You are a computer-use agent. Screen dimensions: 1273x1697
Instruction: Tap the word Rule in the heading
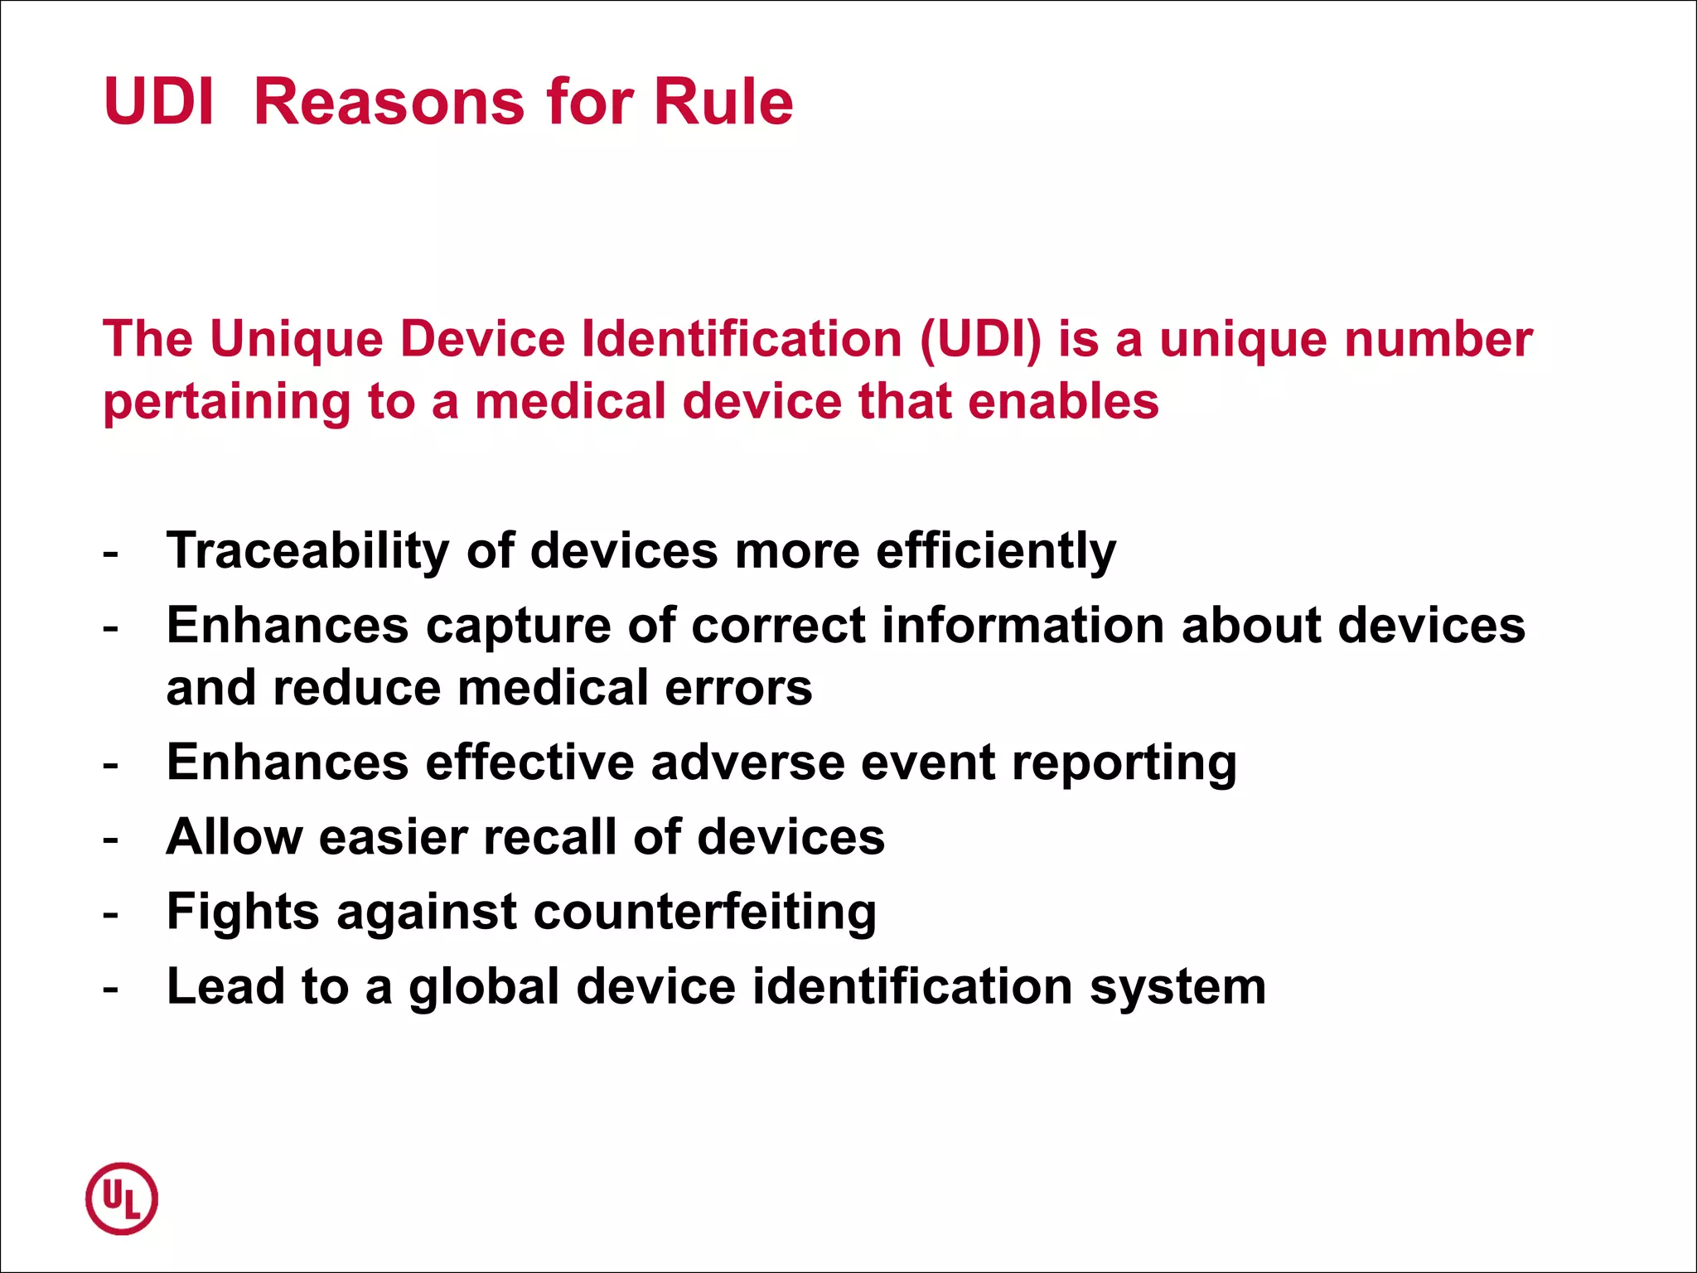click(x=723, y=102)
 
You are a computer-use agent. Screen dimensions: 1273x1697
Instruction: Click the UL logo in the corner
click(x=122, y=1198)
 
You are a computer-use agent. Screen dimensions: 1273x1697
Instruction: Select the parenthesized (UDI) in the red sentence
click(x=980, y=339)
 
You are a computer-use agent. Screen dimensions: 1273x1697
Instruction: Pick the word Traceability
click(x=307, y=551)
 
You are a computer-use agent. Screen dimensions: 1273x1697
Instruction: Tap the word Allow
click(x=234, y=837)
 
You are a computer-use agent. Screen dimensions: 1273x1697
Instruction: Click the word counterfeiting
click(x=705, y=912)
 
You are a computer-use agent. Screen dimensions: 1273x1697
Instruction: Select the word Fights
click(x=243, y=912)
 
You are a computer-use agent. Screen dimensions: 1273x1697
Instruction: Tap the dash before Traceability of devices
click(x=111, y=554)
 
